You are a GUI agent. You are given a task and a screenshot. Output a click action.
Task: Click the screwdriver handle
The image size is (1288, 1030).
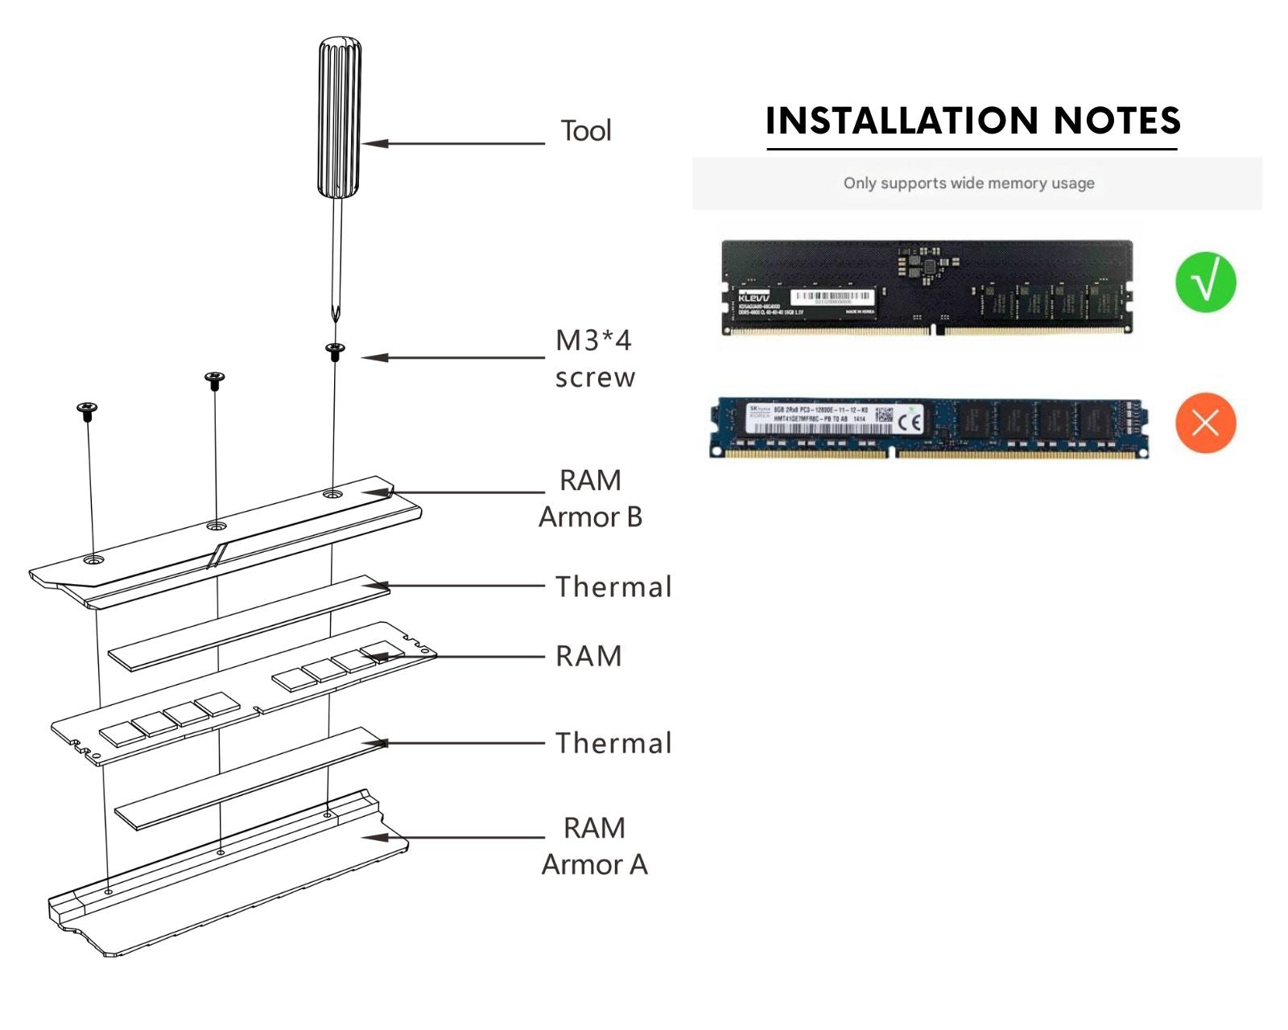point(339,117)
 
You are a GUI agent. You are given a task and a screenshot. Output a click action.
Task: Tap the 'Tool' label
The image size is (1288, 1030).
point(585,130)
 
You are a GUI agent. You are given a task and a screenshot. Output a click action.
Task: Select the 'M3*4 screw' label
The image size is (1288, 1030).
point(594,358)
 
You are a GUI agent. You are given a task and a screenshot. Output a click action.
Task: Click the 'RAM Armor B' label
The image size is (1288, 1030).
point(590,498)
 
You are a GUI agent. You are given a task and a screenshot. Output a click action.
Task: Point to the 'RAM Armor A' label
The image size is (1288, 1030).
point(594,846)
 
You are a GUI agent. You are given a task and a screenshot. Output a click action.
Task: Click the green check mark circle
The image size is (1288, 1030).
point(1205,282)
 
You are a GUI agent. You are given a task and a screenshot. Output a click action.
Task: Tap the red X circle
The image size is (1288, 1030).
point(1205,422)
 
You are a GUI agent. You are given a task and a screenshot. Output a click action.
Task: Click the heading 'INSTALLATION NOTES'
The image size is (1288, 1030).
point(972,121)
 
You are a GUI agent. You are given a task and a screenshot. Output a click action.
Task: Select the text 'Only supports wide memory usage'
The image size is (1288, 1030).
point(968,183)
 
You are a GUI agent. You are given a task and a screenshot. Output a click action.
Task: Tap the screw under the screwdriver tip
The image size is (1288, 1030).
point(335,349)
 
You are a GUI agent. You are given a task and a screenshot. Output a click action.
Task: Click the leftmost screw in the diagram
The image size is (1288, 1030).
point(87,410)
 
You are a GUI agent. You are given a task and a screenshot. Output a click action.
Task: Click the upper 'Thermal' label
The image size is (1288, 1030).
point(613,587)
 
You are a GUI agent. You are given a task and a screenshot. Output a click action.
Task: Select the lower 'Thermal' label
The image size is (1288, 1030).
point(613,743)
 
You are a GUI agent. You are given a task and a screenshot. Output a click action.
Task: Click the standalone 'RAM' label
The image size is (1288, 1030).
point(588,657)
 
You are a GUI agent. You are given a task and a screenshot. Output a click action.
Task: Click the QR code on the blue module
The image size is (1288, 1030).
point(884,416)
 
